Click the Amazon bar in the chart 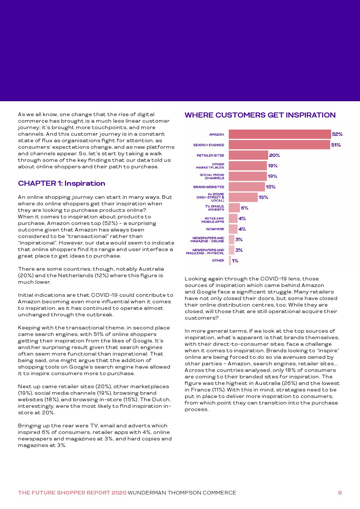[x=279, y=134]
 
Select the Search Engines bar [x=279, y=145]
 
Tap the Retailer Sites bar [x=248, y=155]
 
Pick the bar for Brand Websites [x=247, y=187]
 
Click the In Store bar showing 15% [x=243, y=197]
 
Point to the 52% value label [x=337, y=134]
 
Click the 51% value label [x=336, y=145]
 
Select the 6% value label [x=245, y=208]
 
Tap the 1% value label [x=235, y=261]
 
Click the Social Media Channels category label [x=212, y=176]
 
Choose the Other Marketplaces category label [x=210, y=166]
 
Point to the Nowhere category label [x=215, y=229]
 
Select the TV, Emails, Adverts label [x=214, y=208]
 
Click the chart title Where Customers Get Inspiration [x=260, y=115]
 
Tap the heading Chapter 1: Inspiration [x=62, y=184]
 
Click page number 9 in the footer [x=340, y=493]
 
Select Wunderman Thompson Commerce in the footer [x=182, y=493]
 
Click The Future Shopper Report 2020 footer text [x=72, y=493]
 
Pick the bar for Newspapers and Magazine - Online [x=232, y=240]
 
